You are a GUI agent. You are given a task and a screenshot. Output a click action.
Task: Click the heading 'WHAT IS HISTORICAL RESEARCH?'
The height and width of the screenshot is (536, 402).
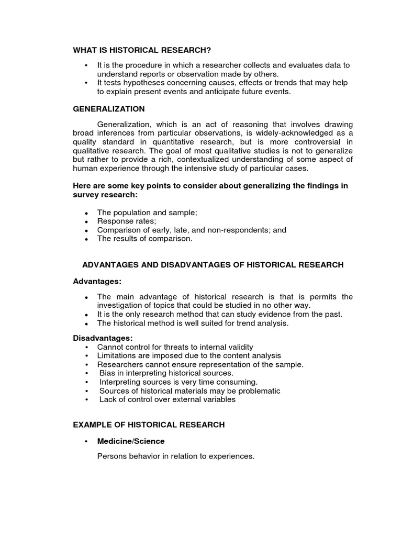coord(142,50)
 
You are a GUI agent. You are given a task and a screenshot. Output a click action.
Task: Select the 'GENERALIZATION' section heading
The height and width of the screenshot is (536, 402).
coord(109,109)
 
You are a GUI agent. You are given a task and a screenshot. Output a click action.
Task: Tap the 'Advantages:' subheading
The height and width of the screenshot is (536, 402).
coord(97,282)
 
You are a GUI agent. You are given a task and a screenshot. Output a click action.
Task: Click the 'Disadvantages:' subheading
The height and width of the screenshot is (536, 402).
coord(103,338)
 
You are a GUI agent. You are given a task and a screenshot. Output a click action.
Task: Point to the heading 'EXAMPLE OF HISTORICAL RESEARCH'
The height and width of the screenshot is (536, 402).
coord(149,425)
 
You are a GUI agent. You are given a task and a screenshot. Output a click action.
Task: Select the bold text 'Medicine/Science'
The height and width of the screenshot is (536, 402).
coord(131,441)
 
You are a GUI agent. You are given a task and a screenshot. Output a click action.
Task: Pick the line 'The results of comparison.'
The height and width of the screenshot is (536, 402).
coord(145,239)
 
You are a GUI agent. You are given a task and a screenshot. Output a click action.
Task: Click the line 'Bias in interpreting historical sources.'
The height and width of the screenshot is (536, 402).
coord(166,373)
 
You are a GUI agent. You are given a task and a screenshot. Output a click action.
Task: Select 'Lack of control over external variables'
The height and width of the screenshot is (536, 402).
coord(167,399)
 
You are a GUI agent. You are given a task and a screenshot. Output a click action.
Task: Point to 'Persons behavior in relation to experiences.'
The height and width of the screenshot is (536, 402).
coord(176,456)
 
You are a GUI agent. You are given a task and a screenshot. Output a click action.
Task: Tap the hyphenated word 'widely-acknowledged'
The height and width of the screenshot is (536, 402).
coord(300,133)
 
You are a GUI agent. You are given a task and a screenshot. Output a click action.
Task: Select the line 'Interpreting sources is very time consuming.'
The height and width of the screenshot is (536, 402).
coord(178,382)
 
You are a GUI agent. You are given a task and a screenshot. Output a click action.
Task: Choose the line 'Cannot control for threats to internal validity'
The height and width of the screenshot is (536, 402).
coord(175,347)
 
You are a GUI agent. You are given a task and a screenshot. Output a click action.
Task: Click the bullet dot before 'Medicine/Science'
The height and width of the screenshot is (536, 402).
coord(86,442)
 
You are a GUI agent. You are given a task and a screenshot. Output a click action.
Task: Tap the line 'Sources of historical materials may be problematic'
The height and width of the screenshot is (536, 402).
coord(189,390)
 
